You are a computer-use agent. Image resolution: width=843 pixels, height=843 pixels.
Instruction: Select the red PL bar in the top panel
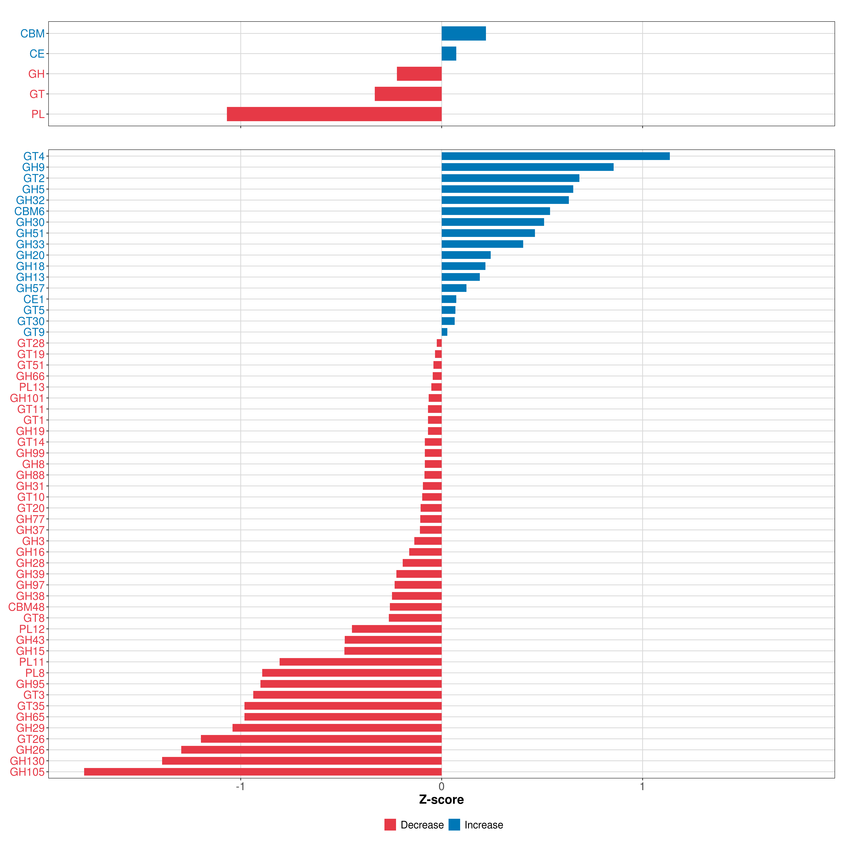(334, 114)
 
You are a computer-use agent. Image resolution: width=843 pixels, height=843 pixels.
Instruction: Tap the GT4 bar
(556, 156)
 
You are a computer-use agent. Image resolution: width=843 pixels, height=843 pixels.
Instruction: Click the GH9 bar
(528, 167)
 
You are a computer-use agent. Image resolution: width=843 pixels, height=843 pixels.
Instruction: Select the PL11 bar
(360, 662)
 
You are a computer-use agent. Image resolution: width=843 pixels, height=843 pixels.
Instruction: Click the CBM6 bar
(496, 211)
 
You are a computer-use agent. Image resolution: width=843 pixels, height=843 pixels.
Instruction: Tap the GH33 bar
(482, 244)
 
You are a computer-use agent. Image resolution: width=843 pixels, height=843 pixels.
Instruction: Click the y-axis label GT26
(31, 739)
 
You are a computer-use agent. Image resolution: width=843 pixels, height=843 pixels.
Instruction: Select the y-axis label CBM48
(27, 607)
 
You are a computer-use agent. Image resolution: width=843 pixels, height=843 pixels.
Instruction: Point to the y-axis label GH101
(27, 398)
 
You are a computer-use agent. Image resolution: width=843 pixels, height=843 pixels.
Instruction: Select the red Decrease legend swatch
(390, 825)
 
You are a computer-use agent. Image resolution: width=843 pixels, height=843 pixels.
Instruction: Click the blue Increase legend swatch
(454, 825)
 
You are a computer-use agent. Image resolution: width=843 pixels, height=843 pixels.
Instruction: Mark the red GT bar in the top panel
(408, 94)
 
